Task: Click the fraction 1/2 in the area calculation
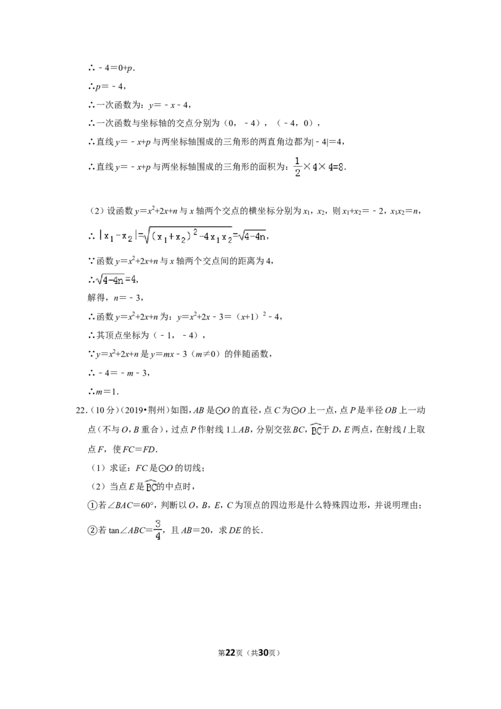297,167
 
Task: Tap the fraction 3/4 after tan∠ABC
158,530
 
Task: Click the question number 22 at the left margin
81,411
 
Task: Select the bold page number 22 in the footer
230,653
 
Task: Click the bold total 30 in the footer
264,653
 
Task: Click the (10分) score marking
103,411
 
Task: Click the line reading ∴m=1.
103,391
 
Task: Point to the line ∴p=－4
106,86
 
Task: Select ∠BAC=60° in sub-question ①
129,505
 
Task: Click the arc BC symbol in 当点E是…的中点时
151,486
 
